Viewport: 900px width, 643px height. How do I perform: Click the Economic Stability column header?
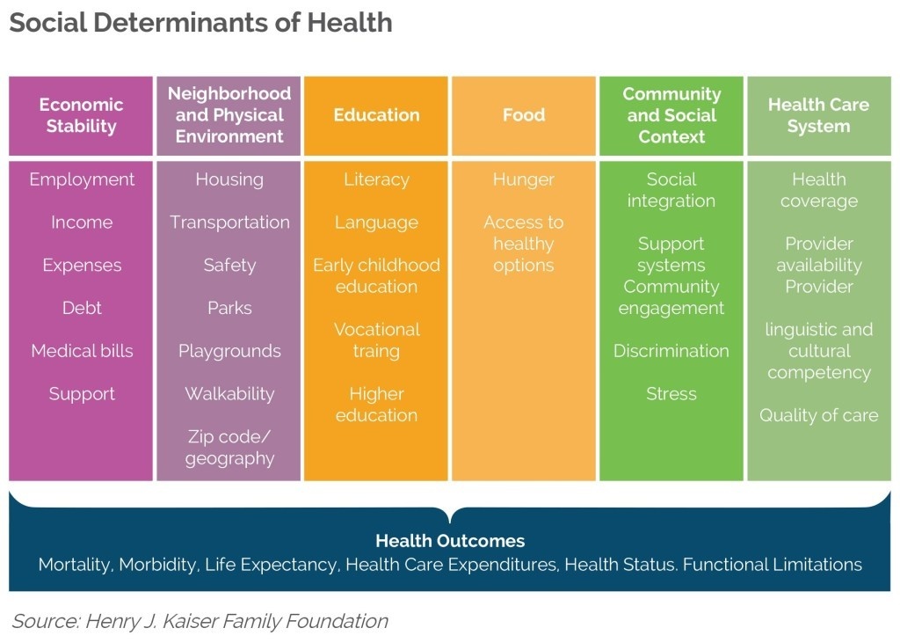81,115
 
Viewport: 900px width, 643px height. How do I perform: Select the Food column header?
524,115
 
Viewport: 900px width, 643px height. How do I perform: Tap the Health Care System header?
818,115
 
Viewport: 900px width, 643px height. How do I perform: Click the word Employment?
82,179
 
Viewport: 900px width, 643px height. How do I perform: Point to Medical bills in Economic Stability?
82,350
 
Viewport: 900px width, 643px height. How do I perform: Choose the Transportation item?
229,223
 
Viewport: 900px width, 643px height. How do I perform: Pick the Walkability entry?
229,393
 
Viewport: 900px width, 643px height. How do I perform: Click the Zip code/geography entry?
229,448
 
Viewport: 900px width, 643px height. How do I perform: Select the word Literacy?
376,179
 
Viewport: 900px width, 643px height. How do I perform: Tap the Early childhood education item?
376,276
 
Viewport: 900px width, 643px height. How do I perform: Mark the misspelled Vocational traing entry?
376,340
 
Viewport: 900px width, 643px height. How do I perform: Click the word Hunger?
524,179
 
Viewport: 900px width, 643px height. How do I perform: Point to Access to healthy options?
524,244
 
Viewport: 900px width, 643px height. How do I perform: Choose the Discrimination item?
671,350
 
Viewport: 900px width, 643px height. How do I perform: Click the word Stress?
671,393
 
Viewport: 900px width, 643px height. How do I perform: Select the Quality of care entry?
818,415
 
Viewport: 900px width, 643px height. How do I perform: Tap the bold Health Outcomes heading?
450,541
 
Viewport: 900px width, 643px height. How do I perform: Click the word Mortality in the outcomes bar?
74,565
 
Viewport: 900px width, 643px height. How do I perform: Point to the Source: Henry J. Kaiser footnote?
200,621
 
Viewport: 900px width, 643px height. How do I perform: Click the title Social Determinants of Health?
201,23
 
